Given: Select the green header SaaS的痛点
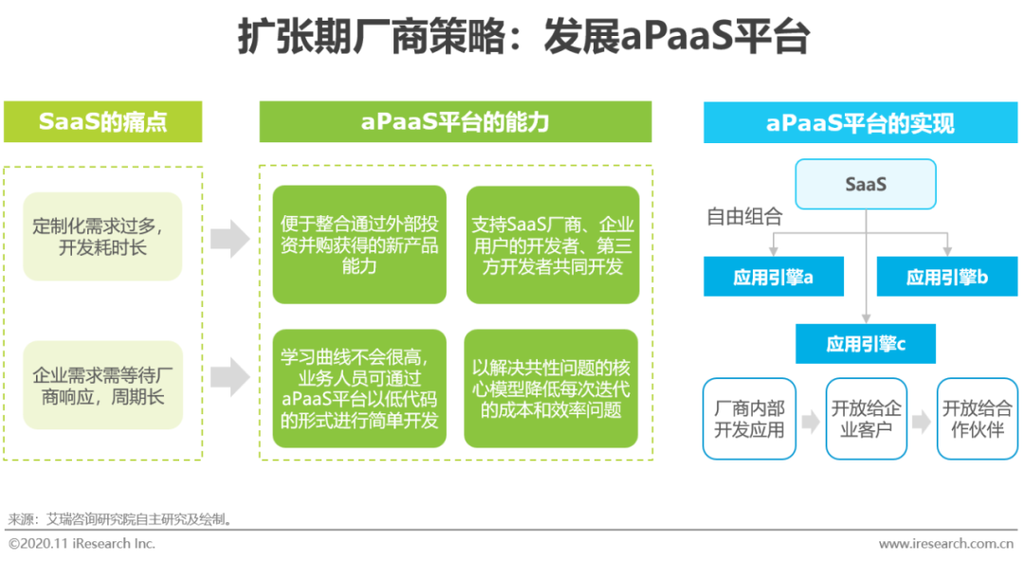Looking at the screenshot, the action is coord(103,121).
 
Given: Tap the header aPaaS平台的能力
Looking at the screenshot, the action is coord(455,121).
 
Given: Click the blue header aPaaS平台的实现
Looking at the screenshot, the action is coord(860,122).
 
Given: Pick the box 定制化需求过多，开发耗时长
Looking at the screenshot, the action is coord(102,236).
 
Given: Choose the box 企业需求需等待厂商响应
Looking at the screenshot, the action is coord(102,386).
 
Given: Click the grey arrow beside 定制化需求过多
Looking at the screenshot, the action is coord(229,239).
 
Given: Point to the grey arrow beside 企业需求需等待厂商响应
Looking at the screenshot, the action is coord(229,377).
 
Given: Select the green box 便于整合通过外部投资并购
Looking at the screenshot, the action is coord(359,245).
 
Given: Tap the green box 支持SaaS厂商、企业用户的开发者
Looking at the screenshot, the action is coord(553,245).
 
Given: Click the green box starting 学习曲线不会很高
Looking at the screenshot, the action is coord(359,389).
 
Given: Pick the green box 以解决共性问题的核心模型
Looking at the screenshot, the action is coord(551,389).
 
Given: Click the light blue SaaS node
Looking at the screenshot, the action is coord(866,184).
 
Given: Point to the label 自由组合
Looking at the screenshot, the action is coord(744,216).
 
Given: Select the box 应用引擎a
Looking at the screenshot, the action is coord(774,277).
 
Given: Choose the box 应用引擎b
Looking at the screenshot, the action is coord(947,277).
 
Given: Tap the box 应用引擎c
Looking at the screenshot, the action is coord(866,343).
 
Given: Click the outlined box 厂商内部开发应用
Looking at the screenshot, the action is coord(749,419).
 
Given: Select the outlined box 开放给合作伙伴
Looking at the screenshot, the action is coord(977,419).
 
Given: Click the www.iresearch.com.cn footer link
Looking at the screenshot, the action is coord(946,543).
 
